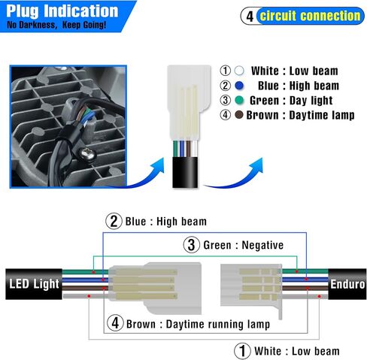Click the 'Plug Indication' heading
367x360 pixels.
(62, 11)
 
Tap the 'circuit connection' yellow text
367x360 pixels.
(310, 16)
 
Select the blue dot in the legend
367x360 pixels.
(239, 86)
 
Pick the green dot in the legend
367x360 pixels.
(239, 100)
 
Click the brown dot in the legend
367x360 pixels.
(239, 115)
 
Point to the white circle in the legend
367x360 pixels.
(239, 71)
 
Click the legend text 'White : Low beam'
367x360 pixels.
(295, 71)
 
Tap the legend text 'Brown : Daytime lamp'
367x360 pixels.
(300, 115)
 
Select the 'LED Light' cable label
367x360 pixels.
(34, 284)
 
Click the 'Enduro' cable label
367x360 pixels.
(347, 284)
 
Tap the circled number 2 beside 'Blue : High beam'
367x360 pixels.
(114, 221)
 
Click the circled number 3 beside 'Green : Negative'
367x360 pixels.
(192, 245)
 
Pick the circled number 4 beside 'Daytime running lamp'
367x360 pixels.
(115, 323)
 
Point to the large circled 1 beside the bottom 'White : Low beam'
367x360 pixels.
(242, 351)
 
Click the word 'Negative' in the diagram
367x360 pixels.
(262, 245)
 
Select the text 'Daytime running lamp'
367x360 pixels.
(218, 324)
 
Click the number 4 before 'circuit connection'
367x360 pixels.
(250, 17)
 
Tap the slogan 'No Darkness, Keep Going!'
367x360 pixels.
(56, 25)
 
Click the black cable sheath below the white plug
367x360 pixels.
(185, 172)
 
